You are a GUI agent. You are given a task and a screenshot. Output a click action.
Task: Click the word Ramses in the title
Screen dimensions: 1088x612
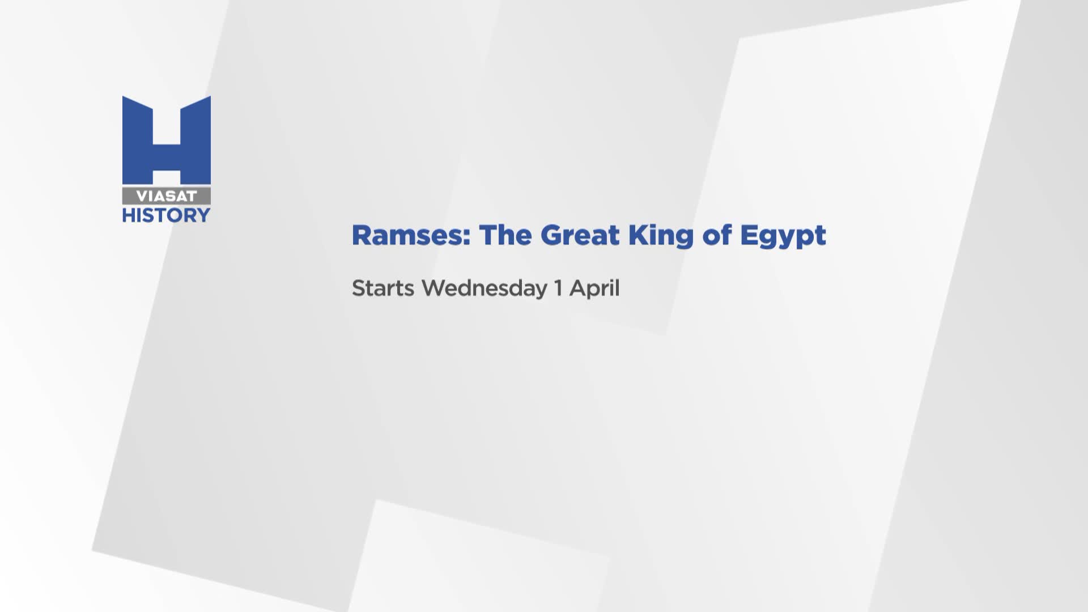(x=411, y=235)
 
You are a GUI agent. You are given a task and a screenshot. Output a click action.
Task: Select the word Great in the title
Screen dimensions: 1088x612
(x=579, y=235)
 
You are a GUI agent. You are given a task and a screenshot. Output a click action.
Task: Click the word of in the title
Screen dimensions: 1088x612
(x=717, y=235)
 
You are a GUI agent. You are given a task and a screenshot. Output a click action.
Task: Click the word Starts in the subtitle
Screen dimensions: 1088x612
(x=383, y=288)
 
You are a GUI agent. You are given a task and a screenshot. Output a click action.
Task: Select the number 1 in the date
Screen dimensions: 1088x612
(x=558, y=288)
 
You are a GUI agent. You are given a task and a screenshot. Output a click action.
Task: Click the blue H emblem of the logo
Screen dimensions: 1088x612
(x=167, y=140)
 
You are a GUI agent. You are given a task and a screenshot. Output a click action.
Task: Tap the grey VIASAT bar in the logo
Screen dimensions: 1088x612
(x=167, y=196)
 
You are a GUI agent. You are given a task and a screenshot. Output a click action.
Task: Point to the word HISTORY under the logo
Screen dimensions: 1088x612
(x=167, y=215)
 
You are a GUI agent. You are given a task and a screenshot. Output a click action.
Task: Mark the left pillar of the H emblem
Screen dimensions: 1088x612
(x=138, y=140)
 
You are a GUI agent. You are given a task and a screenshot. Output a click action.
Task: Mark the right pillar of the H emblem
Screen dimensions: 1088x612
(x=195, y=140)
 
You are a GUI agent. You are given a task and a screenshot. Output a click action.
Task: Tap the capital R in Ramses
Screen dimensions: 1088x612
(x=362, y=235)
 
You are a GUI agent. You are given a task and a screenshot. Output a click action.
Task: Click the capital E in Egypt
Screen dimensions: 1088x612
(x=749, y=235)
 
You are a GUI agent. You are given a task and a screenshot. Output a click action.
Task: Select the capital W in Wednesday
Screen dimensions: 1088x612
(x=435, y=288)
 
